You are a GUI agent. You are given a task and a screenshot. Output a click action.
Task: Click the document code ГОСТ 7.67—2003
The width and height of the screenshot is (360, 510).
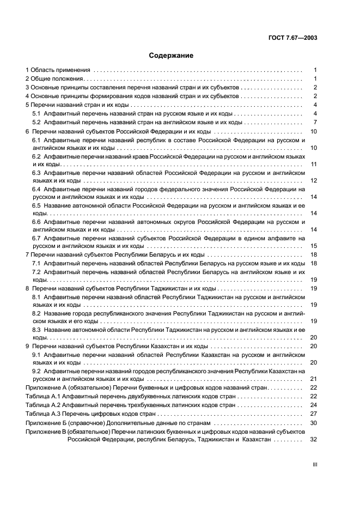point(294,38)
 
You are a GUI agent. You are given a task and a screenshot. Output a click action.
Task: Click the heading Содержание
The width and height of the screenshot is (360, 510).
point(170,56)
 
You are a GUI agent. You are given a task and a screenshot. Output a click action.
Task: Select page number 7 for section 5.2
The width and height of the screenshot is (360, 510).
point(315,122)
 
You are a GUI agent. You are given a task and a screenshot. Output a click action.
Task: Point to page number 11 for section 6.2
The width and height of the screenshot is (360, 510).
point(313,164)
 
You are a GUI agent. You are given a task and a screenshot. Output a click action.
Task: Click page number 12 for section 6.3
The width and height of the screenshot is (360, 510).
point(313,180)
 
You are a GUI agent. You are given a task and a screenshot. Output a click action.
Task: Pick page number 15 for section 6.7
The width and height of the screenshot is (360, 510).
point(313,246)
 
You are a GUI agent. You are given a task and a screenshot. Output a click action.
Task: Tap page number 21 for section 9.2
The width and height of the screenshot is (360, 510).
point(313,379)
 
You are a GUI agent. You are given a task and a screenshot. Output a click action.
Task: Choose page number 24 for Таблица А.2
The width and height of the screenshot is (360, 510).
point(313,405)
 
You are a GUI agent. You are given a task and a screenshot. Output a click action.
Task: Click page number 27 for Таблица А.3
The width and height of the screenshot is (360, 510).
point(313,414)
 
